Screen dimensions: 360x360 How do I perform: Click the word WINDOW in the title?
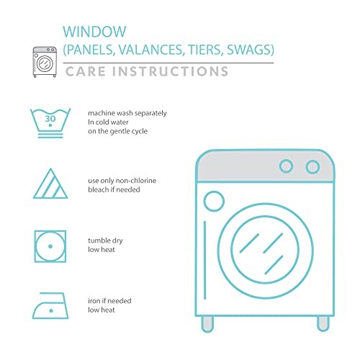point(94,32)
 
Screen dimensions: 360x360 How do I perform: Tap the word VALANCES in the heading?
point(150,50)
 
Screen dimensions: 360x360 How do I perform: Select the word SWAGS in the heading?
point(248,50)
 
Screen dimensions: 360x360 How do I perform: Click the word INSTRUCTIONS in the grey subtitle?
point(170,71)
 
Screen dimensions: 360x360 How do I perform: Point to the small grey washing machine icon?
point(45,62)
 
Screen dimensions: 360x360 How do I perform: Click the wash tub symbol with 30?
point(50,123)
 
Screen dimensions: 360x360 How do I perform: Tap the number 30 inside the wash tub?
point(50,119)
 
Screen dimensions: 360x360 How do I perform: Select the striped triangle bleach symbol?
point(50,184)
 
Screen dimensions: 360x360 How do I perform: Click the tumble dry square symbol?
point(50,246)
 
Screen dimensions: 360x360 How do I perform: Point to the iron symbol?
point(50,305)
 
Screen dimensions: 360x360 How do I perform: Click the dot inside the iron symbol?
point(51,311)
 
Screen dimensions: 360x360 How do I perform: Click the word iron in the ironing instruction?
point(94,301)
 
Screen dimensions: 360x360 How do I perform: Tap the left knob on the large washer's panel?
point(286,166)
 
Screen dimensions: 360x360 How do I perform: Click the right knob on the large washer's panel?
point(312,167)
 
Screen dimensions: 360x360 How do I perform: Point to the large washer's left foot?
point(207,324)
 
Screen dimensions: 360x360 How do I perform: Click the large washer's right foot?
point(323,324)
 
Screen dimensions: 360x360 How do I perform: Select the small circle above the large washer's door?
point(214,201)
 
